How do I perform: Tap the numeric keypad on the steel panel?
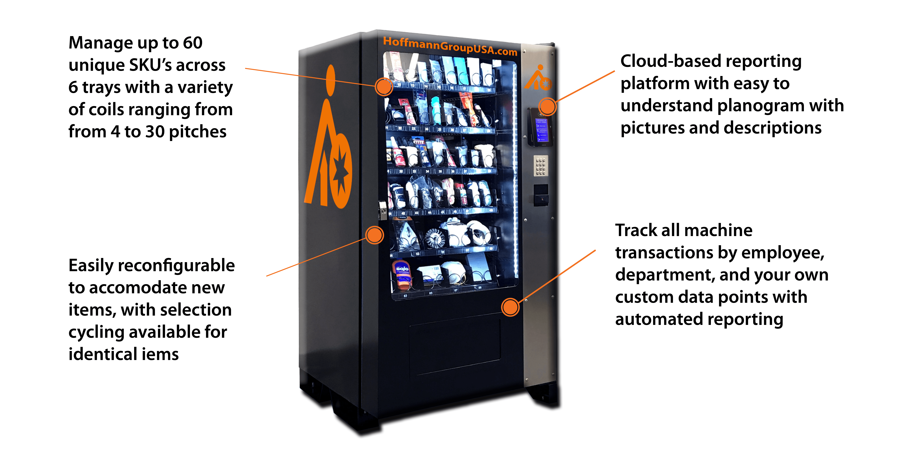point(540,166)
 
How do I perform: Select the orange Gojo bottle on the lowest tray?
point(402,274)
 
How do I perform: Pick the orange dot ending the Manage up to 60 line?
point(384,87)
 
